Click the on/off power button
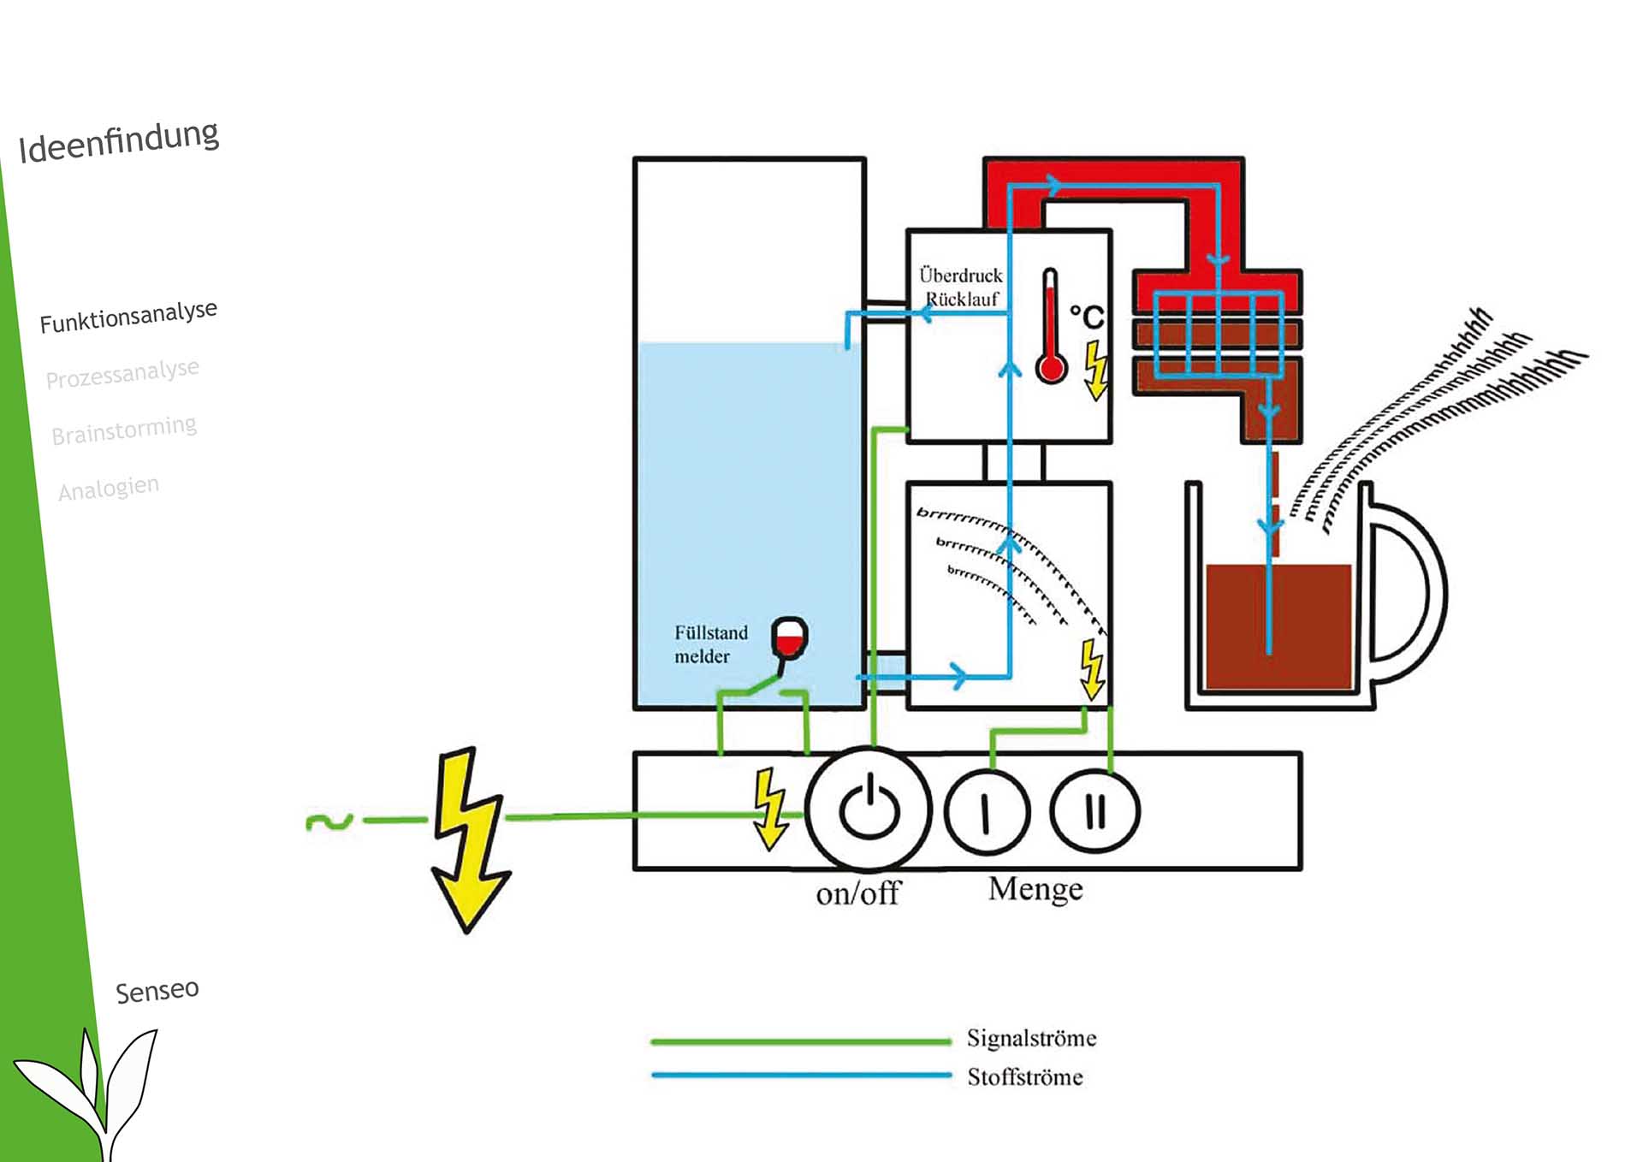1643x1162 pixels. pos(869,809)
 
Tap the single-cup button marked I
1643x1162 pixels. pos(987,811)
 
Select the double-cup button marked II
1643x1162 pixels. pos(1094,810)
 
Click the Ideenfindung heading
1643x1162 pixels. pos(119,141)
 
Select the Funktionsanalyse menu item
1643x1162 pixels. pos(128,316)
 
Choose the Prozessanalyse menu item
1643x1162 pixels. pos(122,374)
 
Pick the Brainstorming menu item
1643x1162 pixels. pos(124,430)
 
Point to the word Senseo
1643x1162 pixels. pos(157,991)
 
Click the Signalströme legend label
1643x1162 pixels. pos(1031,1039)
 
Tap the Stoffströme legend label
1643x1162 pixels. pos(1024,1077)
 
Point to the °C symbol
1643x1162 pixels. pos(1087,317)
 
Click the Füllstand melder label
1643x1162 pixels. pos(710,644)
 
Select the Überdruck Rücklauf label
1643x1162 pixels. pos(961,287)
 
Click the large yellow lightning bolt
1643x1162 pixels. pos(469,839)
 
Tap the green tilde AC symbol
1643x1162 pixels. pos(329,822)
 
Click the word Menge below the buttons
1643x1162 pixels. pos(1035,890)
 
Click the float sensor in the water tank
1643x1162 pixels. pos(789,638)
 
